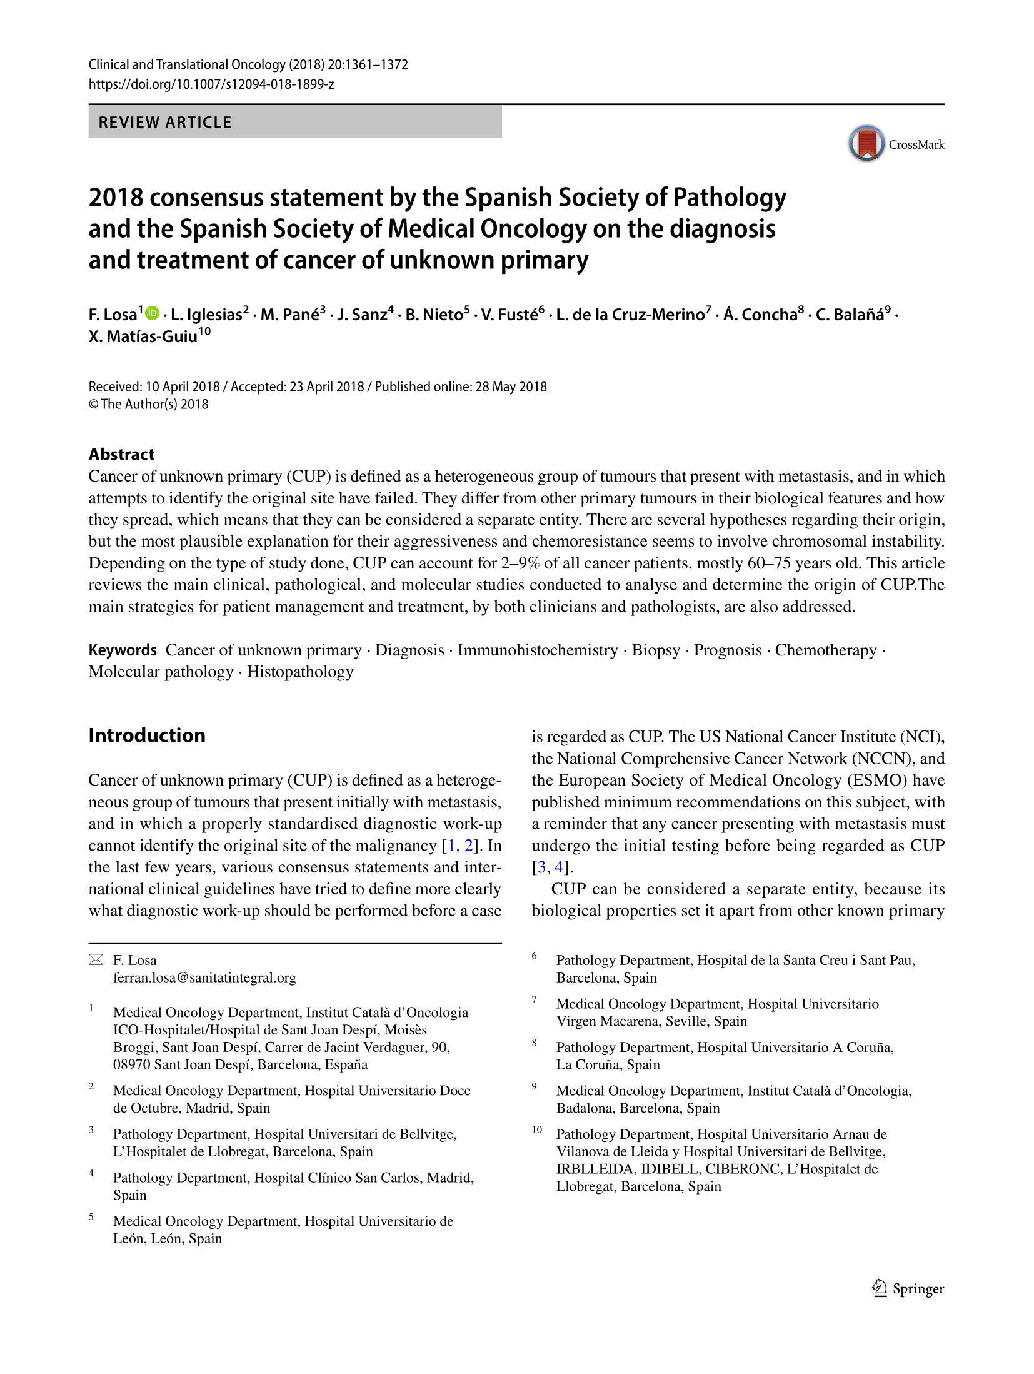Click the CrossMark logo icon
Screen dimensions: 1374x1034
coord(866,143)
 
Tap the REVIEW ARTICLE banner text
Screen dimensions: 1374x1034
coord(165,122)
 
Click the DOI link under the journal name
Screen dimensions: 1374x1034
coord(211,84)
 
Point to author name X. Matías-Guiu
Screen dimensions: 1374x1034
coord(143,336)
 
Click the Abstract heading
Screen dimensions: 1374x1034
coord(121,454)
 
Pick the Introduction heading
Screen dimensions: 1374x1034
coord(147,735)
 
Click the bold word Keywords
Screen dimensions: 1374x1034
coord(123,650)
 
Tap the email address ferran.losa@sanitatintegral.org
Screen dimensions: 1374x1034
coord(204,977)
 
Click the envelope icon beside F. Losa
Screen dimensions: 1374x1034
coord(96,959)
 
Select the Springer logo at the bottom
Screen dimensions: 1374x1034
coord(908,1288)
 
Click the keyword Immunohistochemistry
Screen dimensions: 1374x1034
coord(538,650)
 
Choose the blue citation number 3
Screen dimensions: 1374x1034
coord(541,867)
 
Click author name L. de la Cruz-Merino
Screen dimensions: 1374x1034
coord(630,315)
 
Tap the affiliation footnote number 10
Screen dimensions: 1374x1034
coord(537,1129)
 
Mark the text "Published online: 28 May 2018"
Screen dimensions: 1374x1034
coord(461,386)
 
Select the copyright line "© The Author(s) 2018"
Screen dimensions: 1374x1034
coord(148,404)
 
